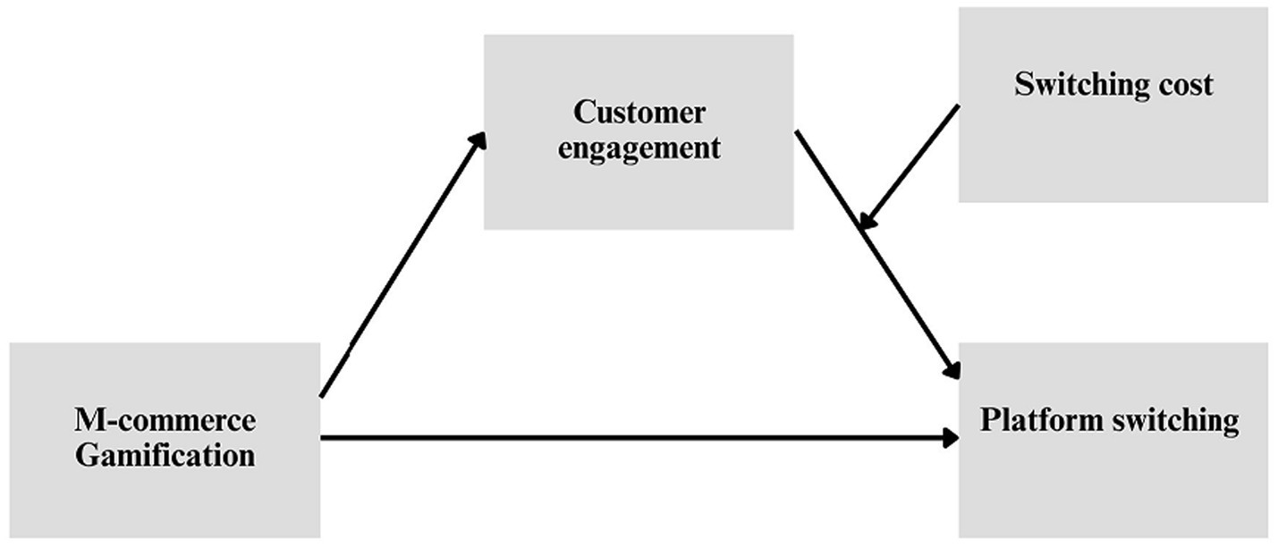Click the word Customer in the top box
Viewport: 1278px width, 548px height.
[639, 114]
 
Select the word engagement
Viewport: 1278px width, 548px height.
[639, 148]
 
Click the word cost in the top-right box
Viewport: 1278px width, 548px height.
[1184, 84]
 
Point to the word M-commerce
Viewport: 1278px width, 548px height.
[165, 420]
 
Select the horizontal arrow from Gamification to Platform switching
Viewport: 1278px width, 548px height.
[626, 438]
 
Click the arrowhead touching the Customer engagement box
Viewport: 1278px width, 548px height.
[478, 141]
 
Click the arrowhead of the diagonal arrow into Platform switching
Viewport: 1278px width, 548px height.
[952, 369]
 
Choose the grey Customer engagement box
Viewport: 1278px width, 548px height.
[639, 192]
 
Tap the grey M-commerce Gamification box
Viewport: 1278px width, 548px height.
[165, 501]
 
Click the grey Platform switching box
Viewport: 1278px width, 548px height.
[1113, 492]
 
